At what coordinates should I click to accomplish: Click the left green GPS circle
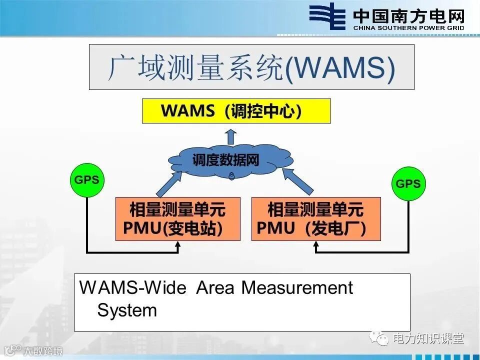pos(86,180)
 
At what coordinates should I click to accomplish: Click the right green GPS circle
pos(408,183)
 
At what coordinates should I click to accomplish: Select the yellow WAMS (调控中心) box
pos(236,111)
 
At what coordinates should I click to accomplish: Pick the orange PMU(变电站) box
pos(177,218)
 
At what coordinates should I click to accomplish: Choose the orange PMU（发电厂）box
pos(315,218)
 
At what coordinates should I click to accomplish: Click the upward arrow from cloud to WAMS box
pos(230,135)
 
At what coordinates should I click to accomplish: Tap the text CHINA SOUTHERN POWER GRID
pos(408,28)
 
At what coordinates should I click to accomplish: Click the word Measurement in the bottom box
pos(297,288)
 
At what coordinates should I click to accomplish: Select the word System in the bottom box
pos(127,310)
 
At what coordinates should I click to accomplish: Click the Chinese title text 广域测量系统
pos(195,68)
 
